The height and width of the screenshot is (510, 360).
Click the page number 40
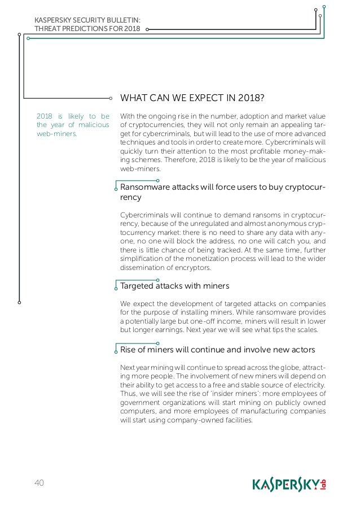tap(39, 482)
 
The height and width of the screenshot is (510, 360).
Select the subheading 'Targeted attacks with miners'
tap(174, 286)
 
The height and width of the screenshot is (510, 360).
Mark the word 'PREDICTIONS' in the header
tap(80, 29)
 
